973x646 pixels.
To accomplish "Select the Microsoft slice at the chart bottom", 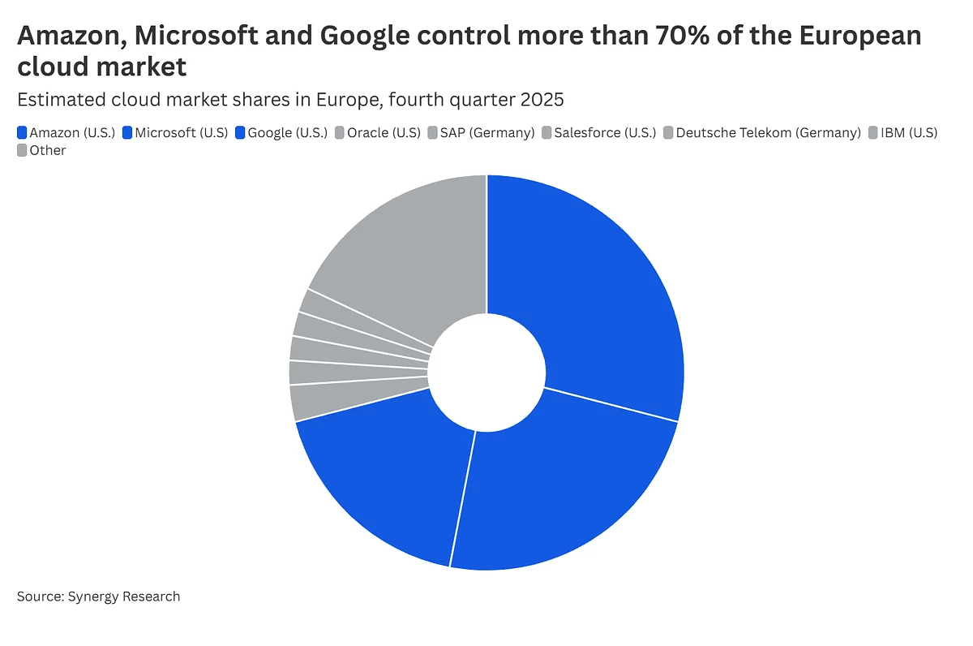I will point(559,487).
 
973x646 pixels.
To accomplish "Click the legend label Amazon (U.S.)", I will point(72,132).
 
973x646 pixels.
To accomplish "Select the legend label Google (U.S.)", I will point(288,132).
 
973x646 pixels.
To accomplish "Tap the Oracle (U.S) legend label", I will point(384,132).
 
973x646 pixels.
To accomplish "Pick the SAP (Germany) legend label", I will point(487,132).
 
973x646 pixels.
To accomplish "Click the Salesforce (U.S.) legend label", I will point(605,132).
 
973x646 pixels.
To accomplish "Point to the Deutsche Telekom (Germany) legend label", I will point(768,132).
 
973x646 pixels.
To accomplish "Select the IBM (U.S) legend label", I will point(909,132).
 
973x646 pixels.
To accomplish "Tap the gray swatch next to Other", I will point(22,150).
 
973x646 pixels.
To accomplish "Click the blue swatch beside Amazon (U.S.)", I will point(22,132).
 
